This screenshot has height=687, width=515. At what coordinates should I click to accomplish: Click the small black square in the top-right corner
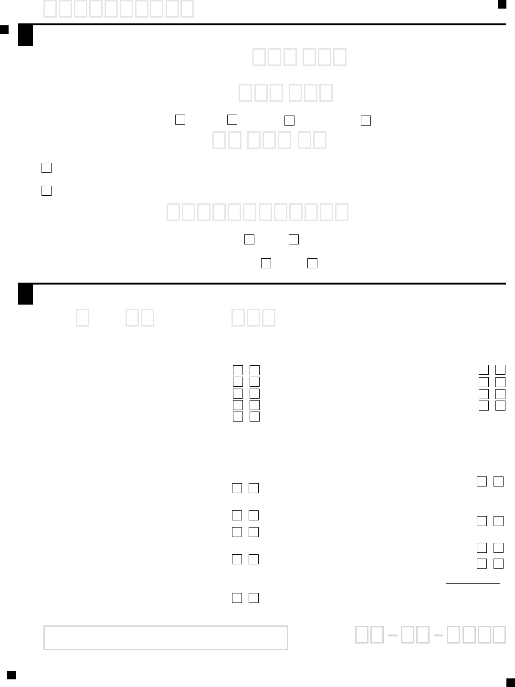click(502, 4)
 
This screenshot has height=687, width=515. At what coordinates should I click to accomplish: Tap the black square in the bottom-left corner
click(11, 675)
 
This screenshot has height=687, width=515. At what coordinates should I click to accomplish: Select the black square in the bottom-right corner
click(510, 682)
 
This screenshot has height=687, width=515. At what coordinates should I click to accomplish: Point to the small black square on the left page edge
click(4, 30)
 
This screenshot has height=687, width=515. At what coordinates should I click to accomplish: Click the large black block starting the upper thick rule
click(25, 35)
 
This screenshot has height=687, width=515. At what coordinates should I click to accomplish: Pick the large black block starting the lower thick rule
click(25, 295)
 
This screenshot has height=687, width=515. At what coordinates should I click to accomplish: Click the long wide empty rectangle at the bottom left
click(166, 638)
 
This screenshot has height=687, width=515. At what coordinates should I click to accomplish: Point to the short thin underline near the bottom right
click(473, 583)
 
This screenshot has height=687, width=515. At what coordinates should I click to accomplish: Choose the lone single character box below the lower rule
click(83, 318)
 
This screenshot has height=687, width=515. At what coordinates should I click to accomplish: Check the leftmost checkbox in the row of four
click(180, 119)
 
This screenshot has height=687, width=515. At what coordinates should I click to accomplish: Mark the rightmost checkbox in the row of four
click(366, 120)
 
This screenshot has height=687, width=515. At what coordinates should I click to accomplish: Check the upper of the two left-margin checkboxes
click(46, 168)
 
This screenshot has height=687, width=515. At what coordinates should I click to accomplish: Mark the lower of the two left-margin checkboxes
click(46, 190)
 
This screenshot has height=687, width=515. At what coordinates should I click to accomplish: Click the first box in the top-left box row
click(50, 9)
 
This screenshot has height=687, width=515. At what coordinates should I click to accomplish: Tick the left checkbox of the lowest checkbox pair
click(237, 598)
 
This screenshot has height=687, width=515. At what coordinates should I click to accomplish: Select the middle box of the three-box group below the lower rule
click(253, 318)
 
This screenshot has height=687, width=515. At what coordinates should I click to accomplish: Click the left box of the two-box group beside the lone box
click(133, 318)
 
